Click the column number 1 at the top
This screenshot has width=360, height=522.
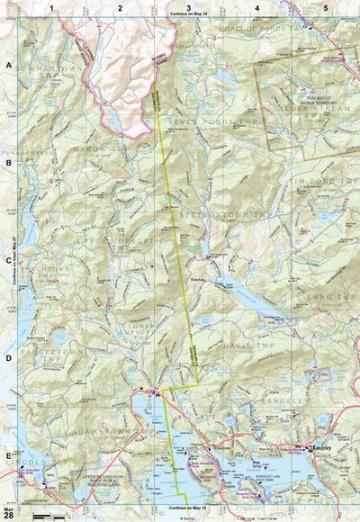(52, 7)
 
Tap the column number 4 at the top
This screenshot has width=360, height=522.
(256, 7)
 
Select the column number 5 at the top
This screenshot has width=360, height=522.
(325, 7)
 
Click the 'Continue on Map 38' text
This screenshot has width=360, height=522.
(187, 16)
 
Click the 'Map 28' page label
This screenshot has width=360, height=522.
(8, 511)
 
